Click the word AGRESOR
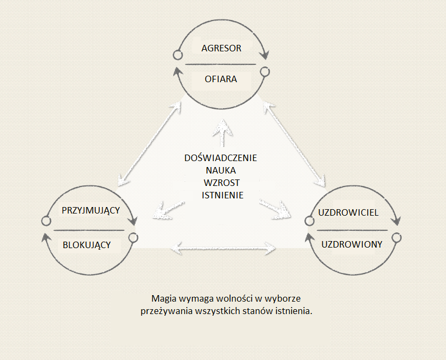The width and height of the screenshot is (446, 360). pos(221,48)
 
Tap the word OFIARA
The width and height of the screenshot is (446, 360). pos(221,79)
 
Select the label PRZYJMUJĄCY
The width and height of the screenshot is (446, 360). pos(91,210)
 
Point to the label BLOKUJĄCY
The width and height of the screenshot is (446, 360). pos(86,245)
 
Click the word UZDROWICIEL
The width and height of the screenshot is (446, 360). pos(348,212)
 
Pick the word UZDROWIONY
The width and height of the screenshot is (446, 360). pos(352,244)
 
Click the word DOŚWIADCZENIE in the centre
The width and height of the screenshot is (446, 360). pos(220,157)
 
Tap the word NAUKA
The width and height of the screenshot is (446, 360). pos(221,170)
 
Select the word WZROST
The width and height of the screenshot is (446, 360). pos(221,183)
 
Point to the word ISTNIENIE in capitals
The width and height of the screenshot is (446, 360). pos(222,195)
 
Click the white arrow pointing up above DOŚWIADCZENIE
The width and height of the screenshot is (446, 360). pos(222,133)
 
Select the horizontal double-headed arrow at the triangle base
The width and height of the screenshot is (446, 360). pos(223,248)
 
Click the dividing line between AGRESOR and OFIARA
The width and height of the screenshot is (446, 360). pos(220,64)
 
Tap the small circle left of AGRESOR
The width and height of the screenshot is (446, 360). pos(178,55)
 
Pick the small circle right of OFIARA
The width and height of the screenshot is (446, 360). pos(265,71)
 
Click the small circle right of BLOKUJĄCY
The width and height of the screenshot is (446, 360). pos(133,237)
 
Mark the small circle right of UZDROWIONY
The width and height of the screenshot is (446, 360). pos(396,237)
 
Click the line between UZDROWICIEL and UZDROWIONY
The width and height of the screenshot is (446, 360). pos(352,230)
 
